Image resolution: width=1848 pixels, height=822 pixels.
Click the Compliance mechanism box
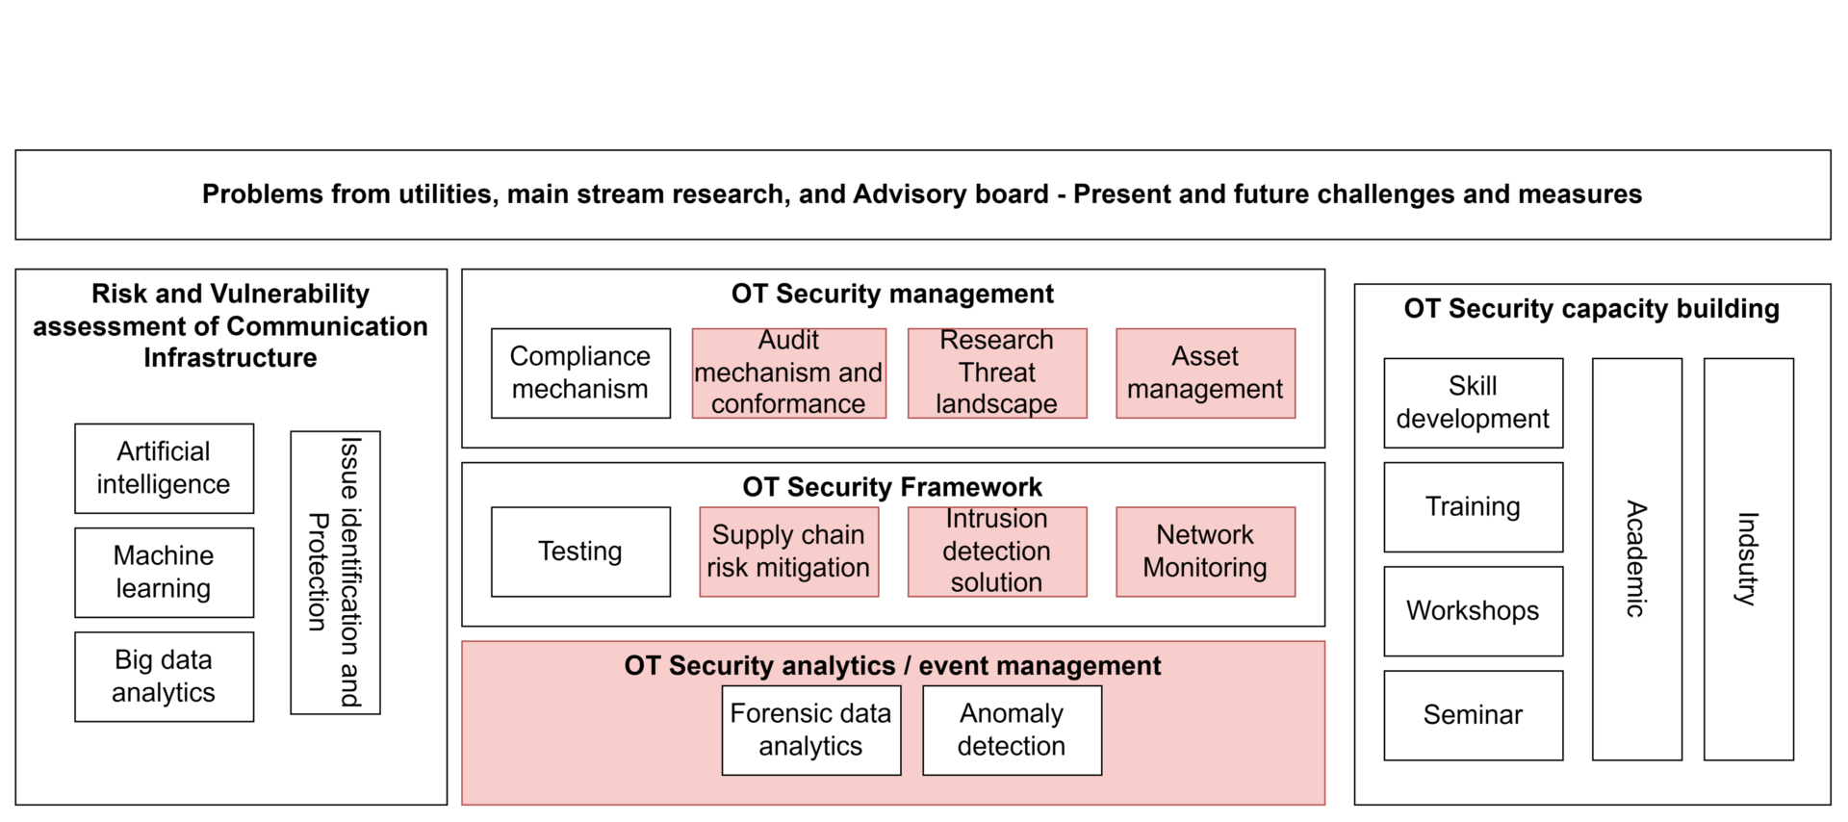[x=580, y=373]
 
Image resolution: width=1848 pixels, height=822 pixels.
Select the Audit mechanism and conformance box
[x=788, y=373]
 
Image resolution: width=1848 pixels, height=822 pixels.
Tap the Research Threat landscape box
[x=997, y=373]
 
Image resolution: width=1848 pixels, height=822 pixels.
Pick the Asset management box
[x=1205, y=373]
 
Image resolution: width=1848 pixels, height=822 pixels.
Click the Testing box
[x=580, y=552]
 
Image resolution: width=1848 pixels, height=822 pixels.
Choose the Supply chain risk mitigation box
[x=788, y=552]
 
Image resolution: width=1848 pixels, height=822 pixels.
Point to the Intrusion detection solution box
[x=997, y=552]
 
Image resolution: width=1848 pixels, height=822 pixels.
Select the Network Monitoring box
[x=1205, y=552]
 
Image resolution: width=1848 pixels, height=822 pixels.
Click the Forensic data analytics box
[x=811, y=730]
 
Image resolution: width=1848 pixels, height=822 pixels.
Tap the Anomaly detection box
[x=1012, y=730]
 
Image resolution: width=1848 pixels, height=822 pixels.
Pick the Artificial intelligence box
[x=164, y=469]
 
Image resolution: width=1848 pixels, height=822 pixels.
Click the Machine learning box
[x=164, y=573]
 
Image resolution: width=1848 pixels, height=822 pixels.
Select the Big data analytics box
[x=164, y=677]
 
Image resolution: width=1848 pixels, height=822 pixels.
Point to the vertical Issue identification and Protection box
[x=335, y=573]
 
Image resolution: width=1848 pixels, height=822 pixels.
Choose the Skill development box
[x=1473, y=403]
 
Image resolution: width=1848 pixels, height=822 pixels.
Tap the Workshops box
[x=1473, y=611]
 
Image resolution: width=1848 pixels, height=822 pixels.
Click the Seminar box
[x=1473, y=715]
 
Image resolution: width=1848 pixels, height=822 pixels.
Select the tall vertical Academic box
[x=1636, y=559]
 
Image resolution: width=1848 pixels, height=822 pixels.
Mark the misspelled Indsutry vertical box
[x=1748, y=559]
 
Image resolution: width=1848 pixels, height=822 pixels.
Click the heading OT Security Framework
[x=892, y=487]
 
